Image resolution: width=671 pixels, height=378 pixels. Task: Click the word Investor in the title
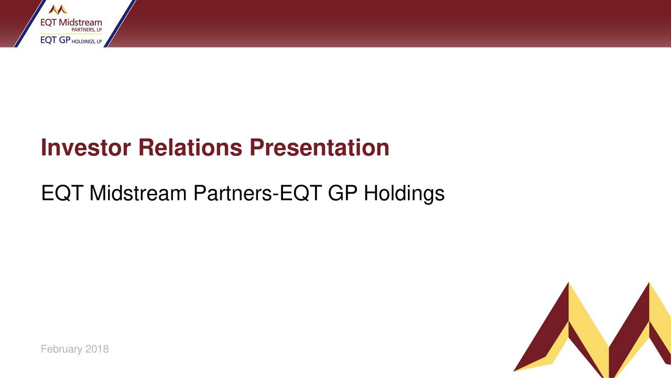coord(86,148)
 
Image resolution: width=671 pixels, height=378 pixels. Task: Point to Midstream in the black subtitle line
coord(138,194)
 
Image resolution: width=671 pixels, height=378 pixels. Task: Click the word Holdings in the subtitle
coord(404,194)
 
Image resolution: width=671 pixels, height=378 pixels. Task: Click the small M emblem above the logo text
coord(58,9)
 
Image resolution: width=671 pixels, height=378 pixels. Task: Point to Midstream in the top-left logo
coord(81,23)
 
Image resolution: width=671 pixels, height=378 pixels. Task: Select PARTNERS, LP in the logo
coord(86,30)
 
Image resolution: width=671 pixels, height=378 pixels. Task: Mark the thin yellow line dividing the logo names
coord(71,34)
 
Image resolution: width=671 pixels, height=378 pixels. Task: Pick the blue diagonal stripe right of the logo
coord(120,24)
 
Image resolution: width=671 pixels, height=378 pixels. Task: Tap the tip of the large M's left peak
coord(568,284)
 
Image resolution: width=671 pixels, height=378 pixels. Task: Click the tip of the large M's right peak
coord(649,284)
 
